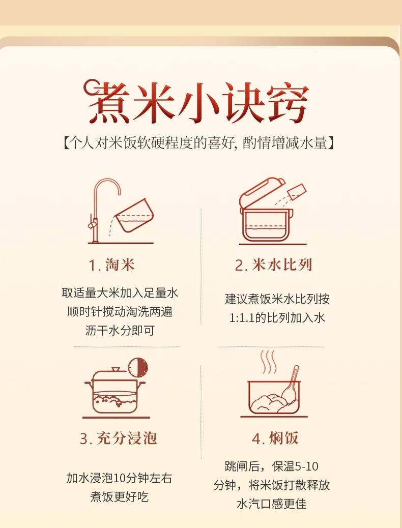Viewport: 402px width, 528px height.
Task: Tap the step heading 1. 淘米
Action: coord(111,265)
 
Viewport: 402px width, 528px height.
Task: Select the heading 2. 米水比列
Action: coord(273,265)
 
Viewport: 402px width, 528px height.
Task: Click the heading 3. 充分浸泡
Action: coord(119,438)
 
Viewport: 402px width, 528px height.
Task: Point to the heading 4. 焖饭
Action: coord(275,438)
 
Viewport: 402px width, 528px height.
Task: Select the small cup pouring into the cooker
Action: coord(297,191)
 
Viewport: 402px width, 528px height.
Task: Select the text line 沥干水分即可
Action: coord(120,331)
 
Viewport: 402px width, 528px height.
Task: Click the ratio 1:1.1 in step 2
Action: coord(242,318)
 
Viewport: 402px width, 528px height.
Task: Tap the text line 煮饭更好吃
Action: coord(119,496)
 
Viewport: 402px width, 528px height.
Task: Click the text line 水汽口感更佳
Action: coord(272,504)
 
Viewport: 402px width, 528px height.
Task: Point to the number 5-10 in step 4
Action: coord(307,466)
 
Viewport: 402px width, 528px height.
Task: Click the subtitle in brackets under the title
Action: coord(198,143)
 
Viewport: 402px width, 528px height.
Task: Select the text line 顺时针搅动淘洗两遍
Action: coord(120,312)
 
